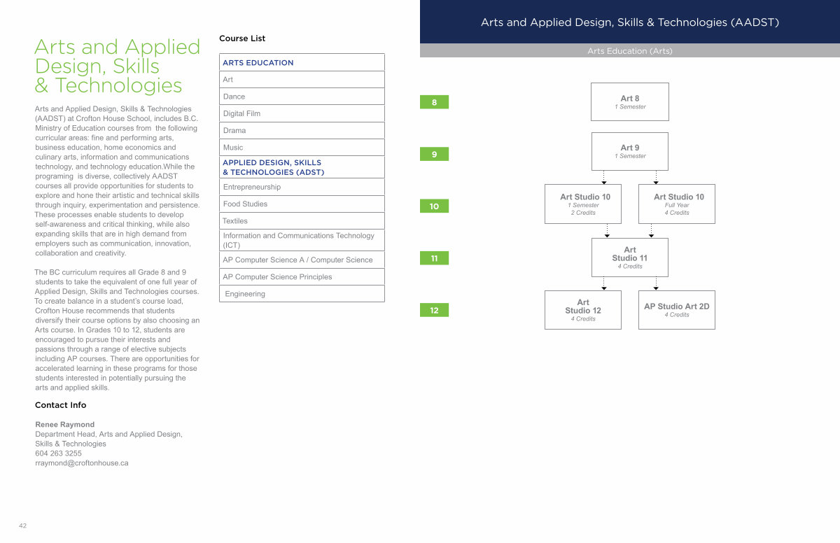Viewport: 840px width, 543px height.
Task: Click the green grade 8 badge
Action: pos(434,102)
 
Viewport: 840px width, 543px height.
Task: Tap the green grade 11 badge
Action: pos(434,258)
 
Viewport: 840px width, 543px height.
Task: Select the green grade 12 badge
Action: pos(434,310)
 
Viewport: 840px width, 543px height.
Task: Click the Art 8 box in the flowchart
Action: pos(630,102)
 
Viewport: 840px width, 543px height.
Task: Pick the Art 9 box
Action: pos(630,151)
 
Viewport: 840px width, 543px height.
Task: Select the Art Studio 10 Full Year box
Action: pos(677,204)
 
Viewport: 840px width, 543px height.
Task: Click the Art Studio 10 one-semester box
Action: pos(583,204)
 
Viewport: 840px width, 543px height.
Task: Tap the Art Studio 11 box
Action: pos(630,258)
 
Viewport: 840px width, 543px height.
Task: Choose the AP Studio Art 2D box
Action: pos(677,310)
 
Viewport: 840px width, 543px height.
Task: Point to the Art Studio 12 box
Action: pos(583,310)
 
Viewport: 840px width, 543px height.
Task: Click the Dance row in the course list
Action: pos(302,97)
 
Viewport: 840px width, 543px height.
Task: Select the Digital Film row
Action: pos(302,113)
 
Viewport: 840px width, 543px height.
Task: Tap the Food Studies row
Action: pos(302,204)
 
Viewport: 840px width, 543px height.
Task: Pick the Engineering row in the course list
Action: pos(302,294)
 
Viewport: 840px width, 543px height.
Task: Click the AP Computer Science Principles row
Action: pos(302,276)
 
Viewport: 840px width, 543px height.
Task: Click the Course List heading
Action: pos(242,38)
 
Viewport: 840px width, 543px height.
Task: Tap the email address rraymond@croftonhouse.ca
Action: pos(82,463)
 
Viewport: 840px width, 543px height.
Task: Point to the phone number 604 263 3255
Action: pos(58,453)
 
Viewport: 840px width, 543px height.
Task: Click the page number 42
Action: pos(23,526)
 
